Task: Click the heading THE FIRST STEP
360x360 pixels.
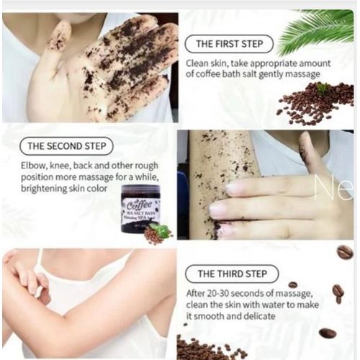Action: tap(228, 43)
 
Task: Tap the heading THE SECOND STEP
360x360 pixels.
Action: tap(66, 146)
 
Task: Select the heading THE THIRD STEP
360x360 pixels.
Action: tap(231, 274)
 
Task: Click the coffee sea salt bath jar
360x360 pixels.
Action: tap(140, 209)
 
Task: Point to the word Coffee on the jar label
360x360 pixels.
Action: tap(140, 203)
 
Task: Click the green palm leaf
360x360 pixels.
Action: tap(317, 32)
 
